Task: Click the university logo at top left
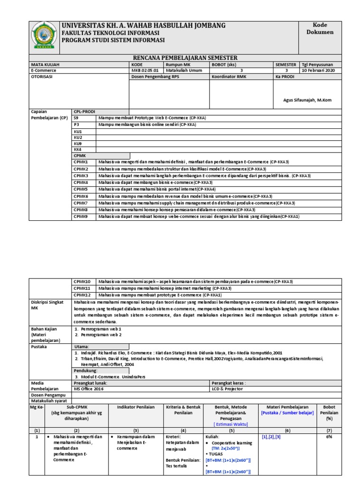45,36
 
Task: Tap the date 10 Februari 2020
318,71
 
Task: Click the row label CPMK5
81,189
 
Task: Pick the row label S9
76,117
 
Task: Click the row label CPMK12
82,295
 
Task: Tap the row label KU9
78,143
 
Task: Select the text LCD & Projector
227,388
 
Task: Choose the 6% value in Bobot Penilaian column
329,437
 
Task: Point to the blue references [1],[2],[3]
271,437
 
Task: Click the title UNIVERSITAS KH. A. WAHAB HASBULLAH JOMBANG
144,25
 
